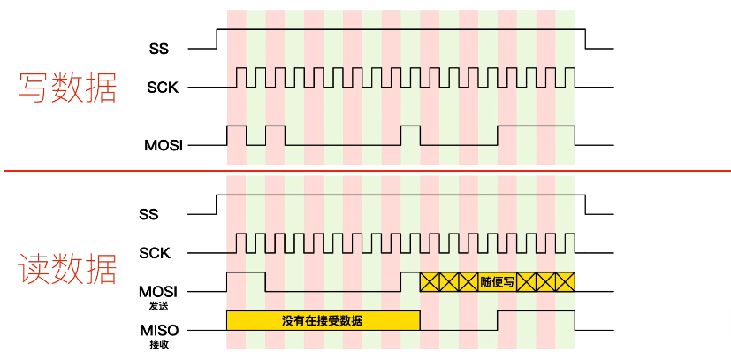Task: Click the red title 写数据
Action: (x=68, y=87)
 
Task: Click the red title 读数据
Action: (x=68, y=268)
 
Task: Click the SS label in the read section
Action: (x=149, y=213)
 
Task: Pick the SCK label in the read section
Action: (x=154, y=253)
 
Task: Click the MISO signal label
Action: (x=159, y=330)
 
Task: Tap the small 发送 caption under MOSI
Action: (x=159, y=305)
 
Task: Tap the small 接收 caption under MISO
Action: (x=159, y=344)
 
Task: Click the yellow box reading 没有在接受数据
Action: (x=323, y=320)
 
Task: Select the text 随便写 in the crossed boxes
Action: (x=498, y=282)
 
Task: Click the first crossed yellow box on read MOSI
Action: (x=430, y=282)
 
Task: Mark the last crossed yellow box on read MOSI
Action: (x=565, y=282)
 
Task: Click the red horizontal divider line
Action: (x=365, y=171)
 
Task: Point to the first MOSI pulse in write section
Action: (x=236, y=135)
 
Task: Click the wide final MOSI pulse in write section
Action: (x=536, y=135)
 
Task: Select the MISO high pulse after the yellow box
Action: (x=536, y=320)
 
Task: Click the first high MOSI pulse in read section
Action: (x=246, y=281)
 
